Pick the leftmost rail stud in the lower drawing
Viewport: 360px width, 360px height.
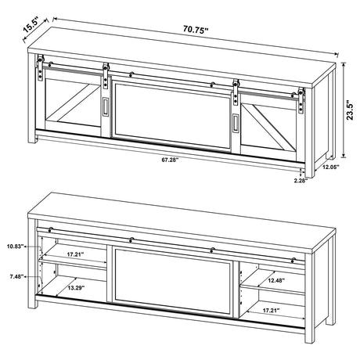[50, 229]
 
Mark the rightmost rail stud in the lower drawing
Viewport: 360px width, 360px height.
[291, 257]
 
